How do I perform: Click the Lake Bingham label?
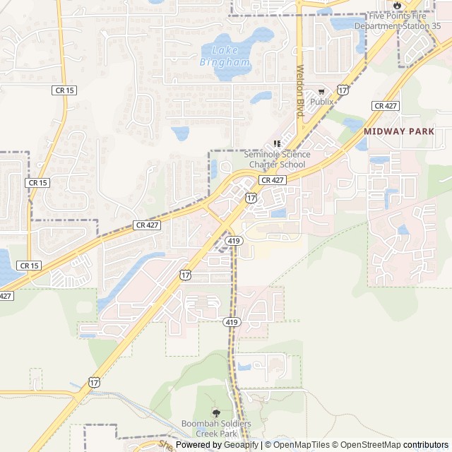(225, 56)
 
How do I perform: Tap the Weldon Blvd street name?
(299, 91)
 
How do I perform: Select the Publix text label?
(322, 102)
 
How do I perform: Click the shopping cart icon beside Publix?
(321, 91)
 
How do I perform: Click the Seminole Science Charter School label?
(277, 160)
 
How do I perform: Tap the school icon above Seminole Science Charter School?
(277, 143)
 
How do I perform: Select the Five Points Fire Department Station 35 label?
(397, 21)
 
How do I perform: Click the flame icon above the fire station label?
(397, 5)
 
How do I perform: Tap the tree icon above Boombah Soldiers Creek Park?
(215, 412)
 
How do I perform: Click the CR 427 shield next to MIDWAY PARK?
(386, 105)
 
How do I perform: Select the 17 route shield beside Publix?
(343, 90)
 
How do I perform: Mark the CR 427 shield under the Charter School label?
(272, 181)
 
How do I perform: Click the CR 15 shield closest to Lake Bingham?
(64, 90)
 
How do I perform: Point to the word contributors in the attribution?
(426, 445)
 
